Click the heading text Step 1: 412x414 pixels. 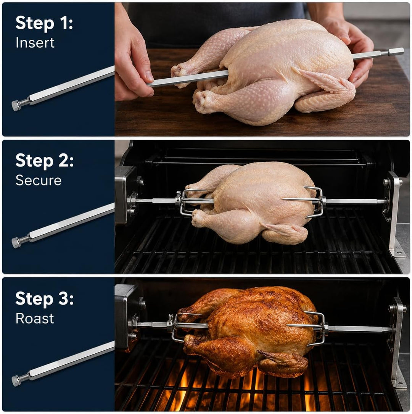click(x=44, y=24)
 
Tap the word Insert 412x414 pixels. click(x=35, y=42)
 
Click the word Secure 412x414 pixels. click(x=39, y=180)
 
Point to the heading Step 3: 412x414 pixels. click(x=44, y=299)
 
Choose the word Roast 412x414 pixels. click(x=35, y=319)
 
